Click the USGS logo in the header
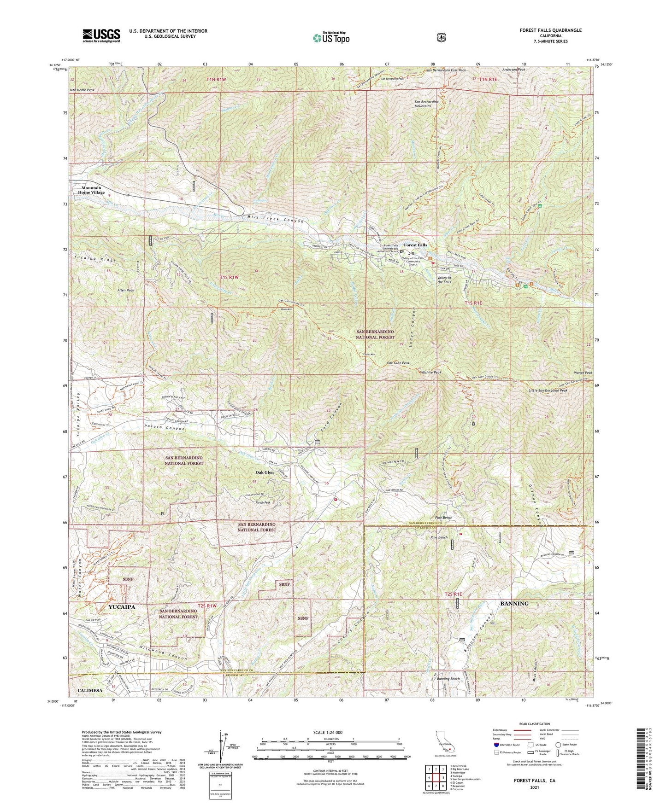(x=101, y=35)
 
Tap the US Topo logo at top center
(x=331, y=37)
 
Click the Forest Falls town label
(x=415, y=245)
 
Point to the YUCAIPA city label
(x=122, y=607)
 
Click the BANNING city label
(x=514, y=603)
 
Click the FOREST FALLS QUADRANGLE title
(x=550, y=30)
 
